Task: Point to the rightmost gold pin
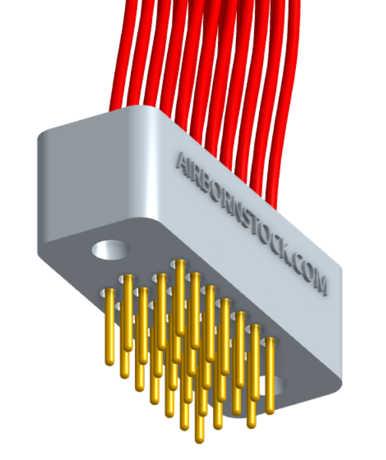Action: [x=270, y=375]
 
